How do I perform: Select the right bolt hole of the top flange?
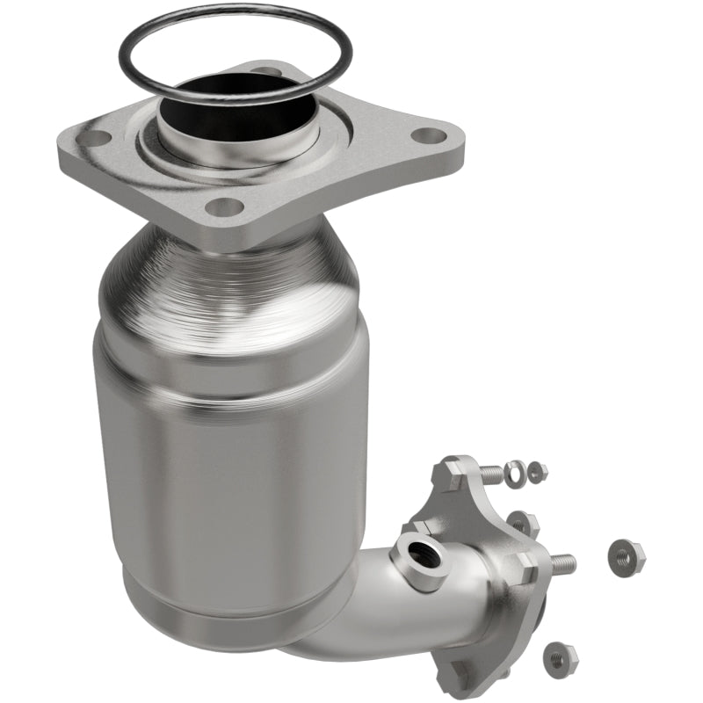[x=428, y=136]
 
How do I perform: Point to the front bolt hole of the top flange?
[x=225, y=207]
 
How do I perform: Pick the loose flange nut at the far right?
[x=626, y=555]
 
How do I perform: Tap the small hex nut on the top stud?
[x=538, y=473]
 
